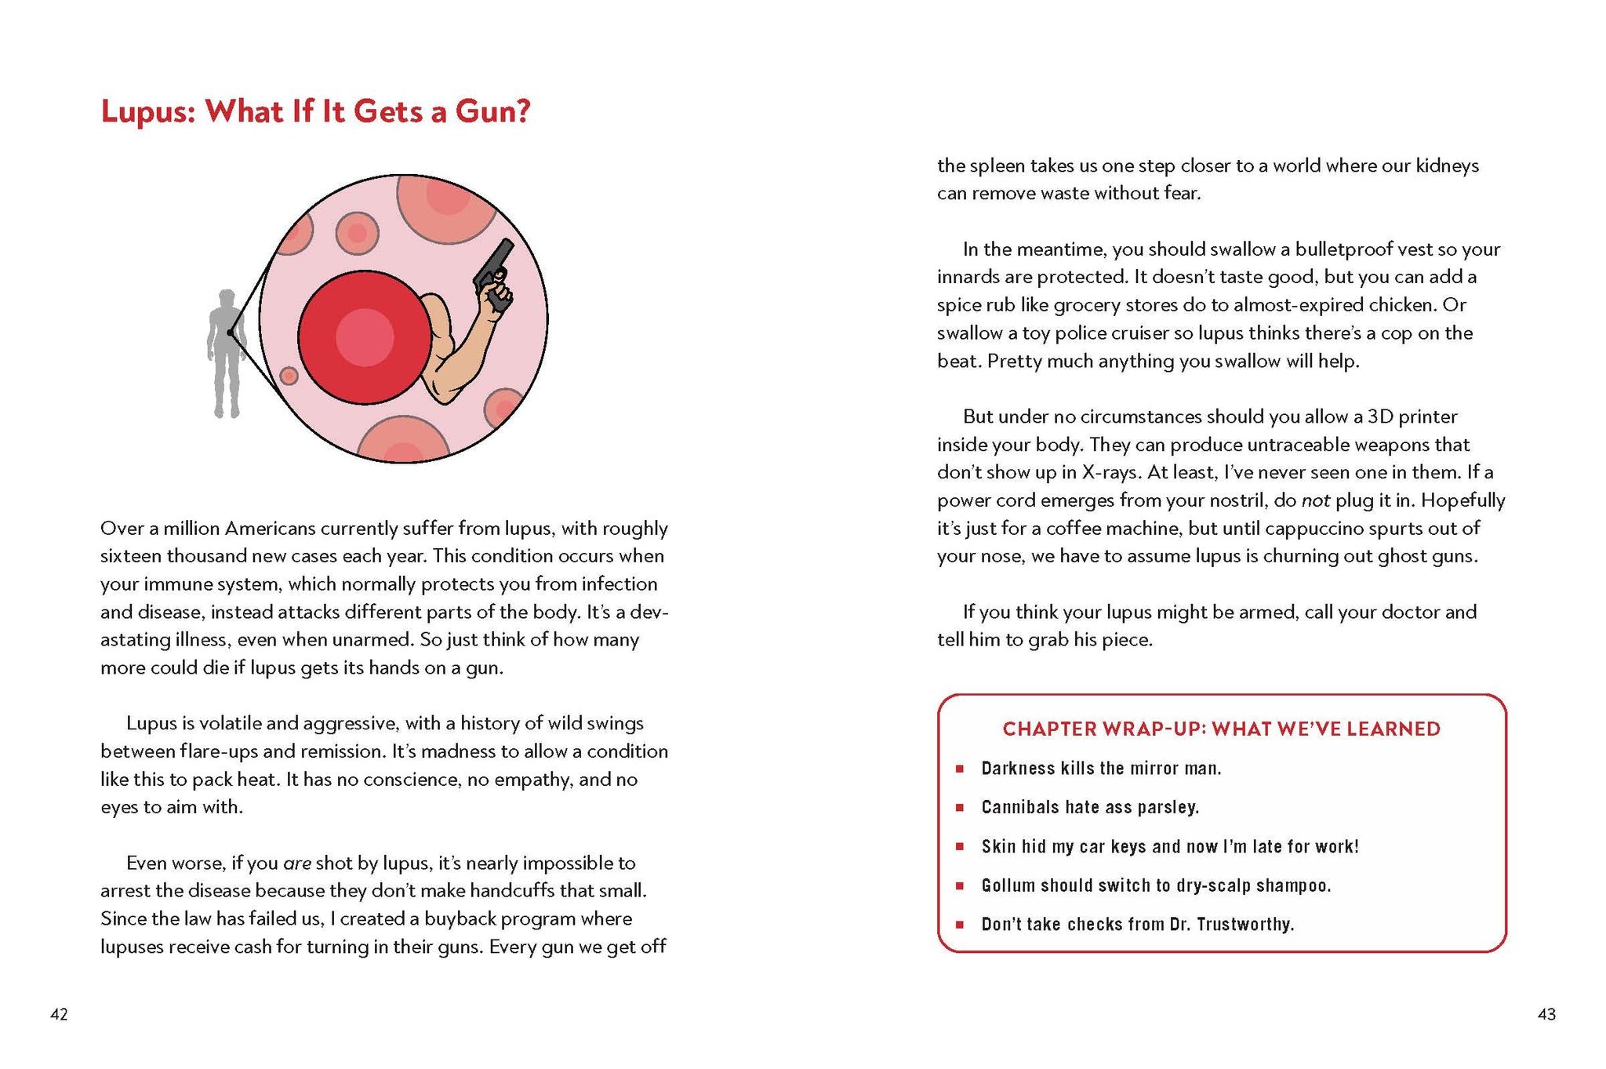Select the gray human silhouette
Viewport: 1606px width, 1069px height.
(x=226, y=353)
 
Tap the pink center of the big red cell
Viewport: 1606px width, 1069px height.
(x=365, y=337)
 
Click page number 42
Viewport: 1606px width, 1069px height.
(x=59, y=1014)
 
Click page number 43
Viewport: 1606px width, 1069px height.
(x=1546, y=1014)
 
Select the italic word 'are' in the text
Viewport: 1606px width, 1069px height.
(x=297, y=864)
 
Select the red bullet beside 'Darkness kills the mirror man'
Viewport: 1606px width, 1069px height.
(x=959, y=769)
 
